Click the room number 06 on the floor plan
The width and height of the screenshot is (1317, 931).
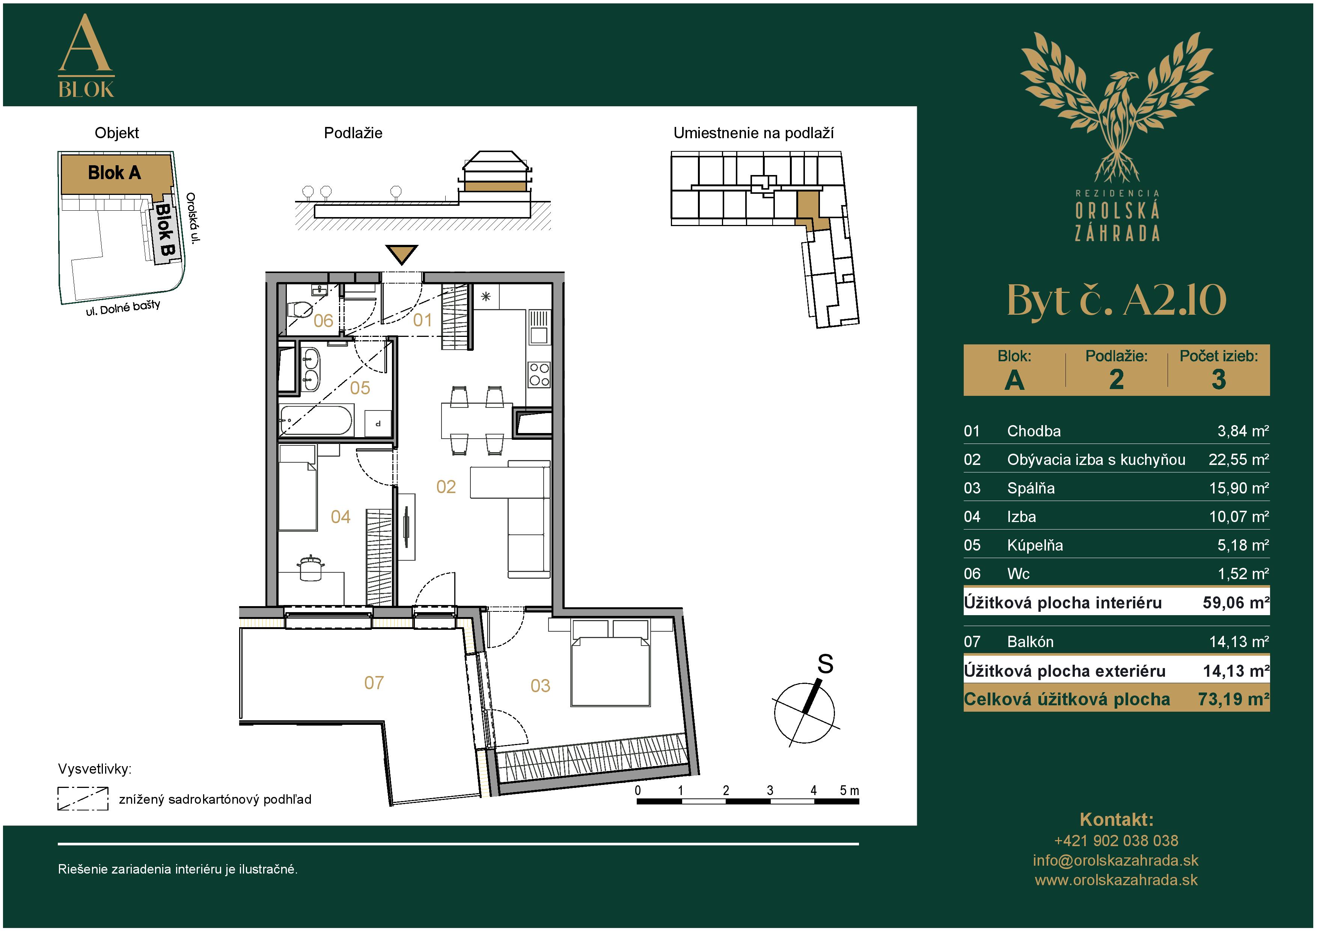point(323,321)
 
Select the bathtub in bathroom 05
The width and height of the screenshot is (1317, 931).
point(315,421)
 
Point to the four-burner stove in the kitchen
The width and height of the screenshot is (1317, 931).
point(539,374)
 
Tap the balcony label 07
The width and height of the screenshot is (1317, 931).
point(374,683)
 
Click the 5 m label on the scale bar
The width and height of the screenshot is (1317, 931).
point(849,791)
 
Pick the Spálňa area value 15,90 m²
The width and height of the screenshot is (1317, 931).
point(1239,488)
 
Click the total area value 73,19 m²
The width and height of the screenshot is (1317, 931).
point(1233,699)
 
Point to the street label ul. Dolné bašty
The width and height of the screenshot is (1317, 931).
point(123,308)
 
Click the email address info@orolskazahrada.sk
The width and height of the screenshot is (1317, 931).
point(1116,860)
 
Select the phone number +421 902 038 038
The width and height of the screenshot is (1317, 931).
point(1116,841)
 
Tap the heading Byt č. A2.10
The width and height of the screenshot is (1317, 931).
point(1116,300)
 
